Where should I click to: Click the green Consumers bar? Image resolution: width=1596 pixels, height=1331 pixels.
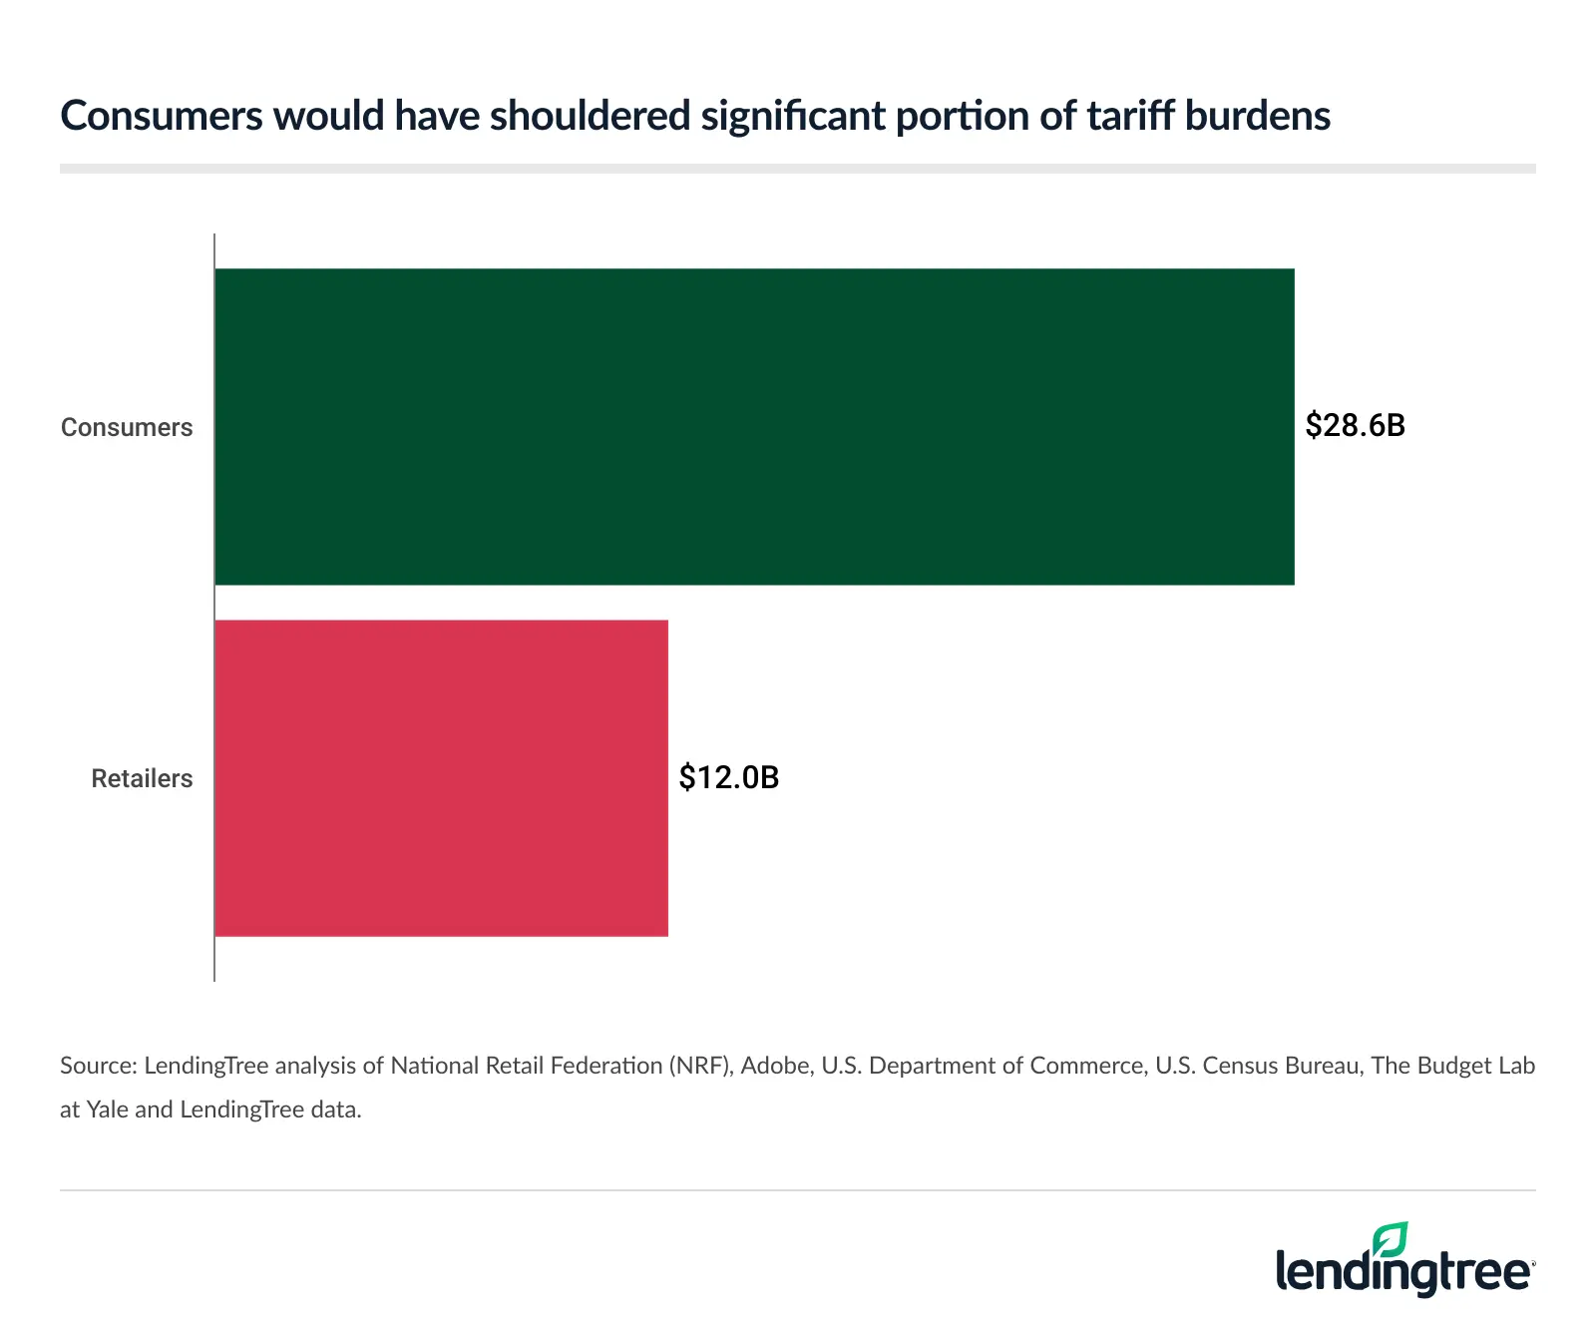pos(754,427)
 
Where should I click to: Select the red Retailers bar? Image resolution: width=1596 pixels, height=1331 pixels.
pos(441,778)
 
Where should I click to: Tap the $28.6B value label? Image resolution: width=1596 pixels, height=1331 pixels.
pos(1355,426)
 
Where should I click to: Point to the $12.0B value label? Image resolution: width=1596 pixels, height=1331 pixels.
pos(728,777)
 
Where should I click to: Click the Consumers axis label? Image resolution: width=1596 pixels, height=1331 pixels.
pos(127,427)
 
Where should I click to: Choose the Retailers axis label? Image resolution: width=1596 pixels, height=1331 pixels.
pos(142,778)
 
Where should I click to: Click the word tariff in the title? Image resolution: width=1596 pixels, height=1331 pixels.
pos(1129,116)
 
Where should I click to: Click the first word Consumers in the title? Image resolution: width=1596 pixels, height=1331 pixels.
pos(161,116)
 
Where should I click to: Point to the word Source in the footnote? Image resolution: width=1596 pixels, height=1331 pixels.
pos(97,1066)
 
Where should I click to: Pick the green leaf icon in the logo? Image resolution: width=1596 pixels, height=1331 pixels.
pos(1390,1240)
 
